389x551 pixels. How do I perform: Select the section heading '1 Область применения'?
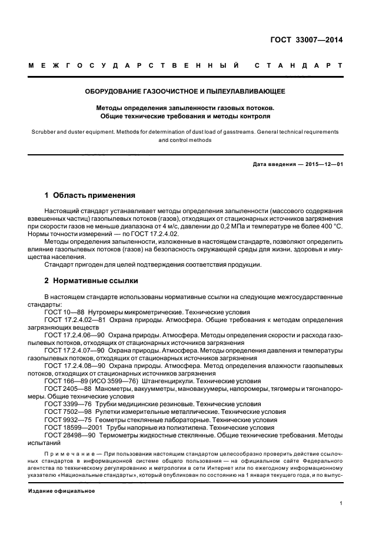point(90,195)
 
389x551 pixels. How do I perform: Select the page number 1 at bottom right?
point(341,503)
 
